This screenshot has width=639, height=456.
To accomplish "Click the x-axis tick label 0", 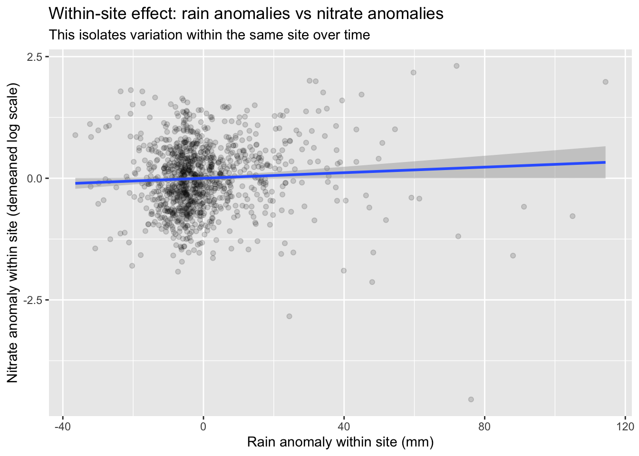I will click(203, 425).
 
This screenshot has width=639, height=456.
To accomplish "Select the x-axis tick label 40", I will click(344, 425).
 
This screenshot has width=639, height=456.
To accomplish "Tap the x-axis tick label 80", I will click(484, 425).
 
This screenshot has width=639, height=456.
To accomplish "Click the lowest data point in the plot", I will click(471, 399).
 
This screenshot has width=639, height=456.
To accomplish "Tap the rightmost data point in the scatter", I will click(605, 82).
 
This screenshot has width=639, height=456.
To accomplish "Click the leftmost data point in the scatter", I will click(75, 135).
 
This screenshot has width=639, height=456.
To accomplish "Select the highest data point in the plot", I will click(456, 66).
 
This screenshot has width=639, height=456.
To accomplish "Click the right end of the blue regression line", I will click(605, 162).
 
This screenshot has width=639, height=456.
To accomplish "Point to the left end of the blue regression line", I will click(76, 183).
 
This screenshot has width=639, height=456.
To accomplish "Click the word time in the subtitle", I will click(356, 35).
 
